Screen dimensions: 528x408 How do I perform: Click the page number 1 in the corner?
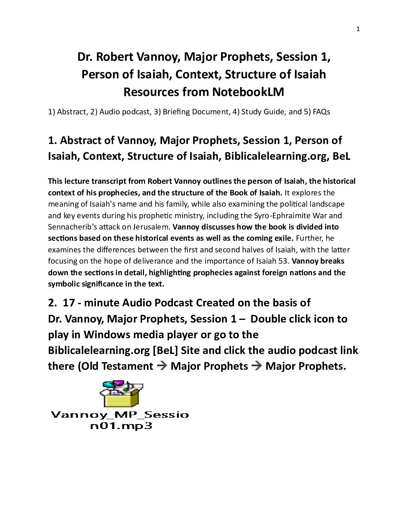tap(358, 29)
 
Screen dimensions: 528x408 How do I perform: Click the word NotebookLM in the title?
tap(248, 92)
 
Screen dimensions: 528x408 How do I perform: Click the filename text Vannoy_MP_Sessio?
tap(120, 415)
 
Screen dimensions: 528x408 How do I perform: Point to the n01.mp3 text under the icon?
tap(121, 426)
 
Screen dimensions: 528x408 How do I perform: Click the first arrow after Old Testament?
tap(162, 366)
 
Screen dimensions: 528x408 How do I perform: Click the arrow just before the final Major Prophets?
tap(257, 366)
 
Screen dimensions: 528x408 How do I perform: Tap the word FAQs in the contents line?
tap(321, 112)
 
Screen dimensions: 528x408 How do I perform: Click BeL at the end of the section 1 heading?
tap(341, 156)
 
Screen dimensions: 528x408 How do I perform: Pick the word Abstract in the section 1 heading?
tap(81, 140)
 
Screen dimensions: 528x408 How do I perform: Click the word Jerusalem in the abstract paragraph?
tap(152, 227)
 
